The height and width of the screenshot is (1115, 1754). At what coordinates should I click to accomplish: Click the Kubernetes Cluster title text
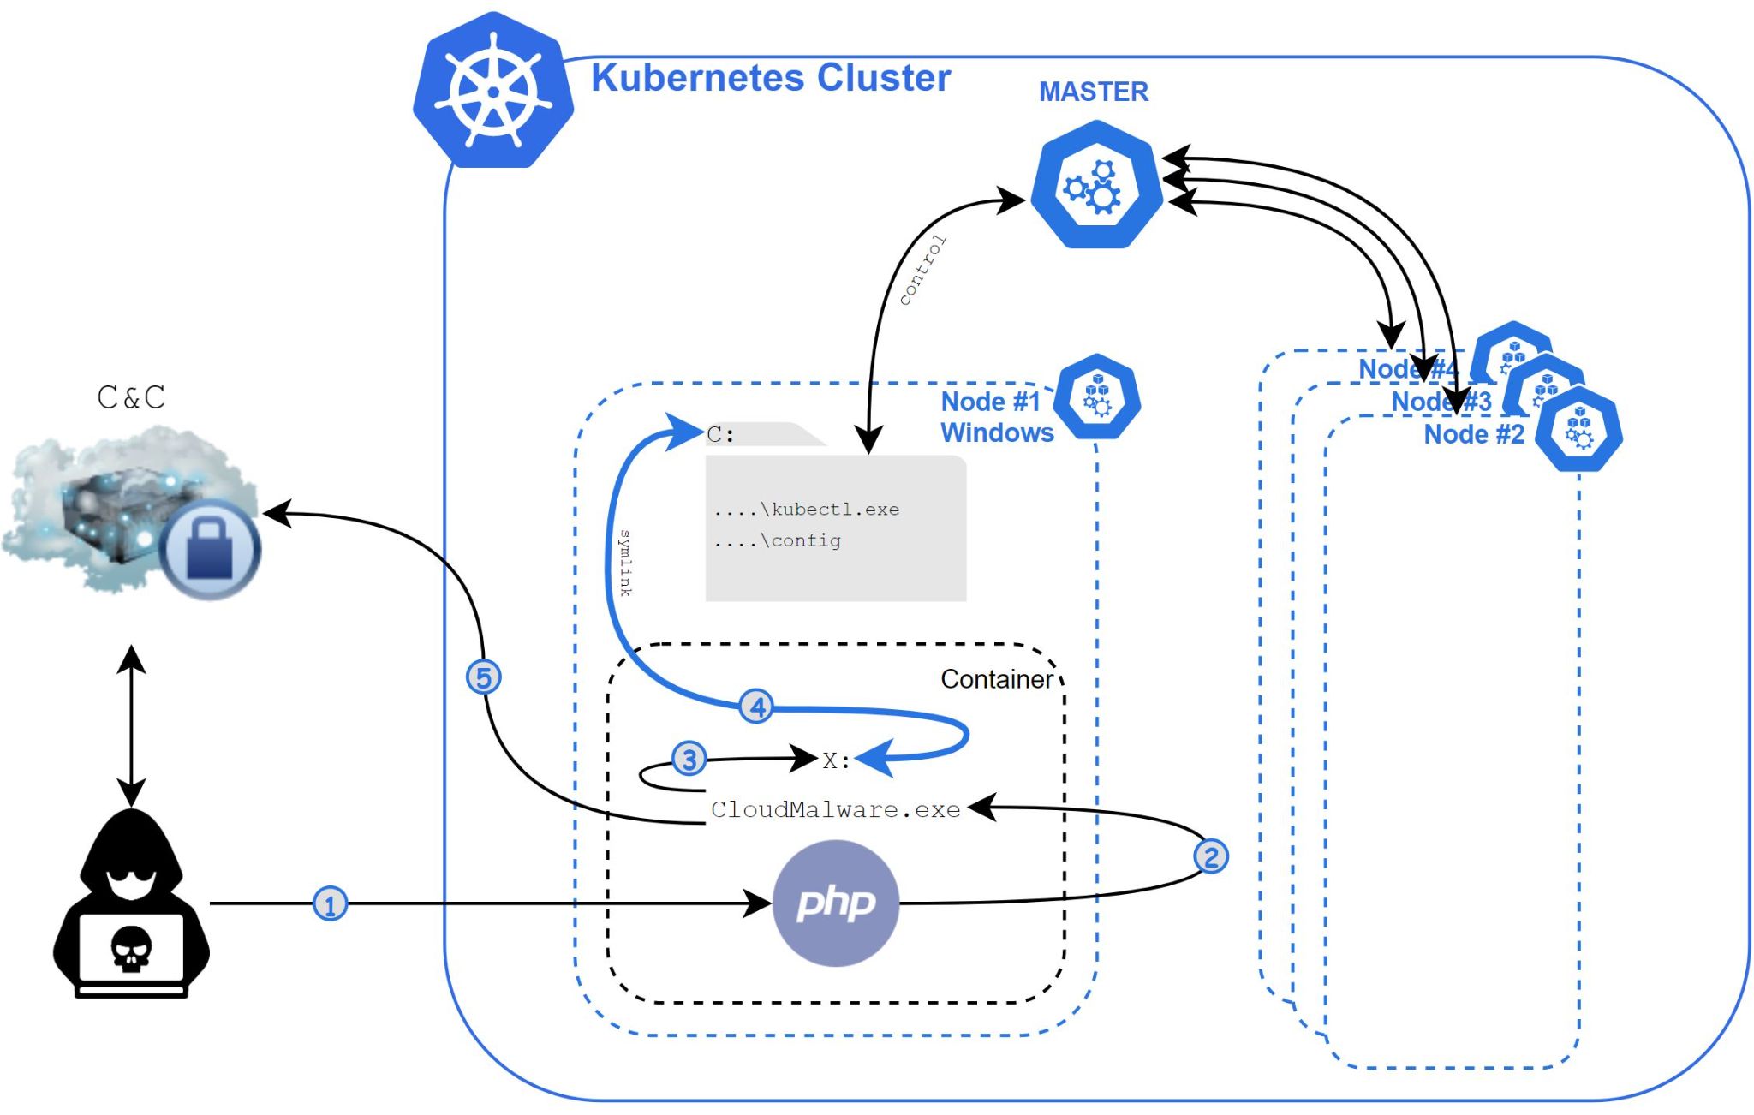[x=770, y=78]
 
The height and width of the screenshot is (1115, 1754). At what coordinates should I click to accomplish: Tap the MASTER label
[x=1093, y=92]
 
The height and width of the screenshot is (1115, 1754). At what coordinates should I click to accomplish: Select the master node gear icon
[x=1095, y=185]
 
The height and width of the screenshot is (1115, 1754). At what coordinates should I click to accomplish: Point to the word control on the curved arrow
[x=922, y=271]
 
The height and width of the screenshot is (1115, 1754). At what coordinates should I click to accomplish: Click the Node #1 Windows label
[x=996, y=417]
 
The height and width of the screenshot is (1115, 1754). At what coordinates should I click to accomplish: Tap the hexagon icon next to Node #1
[x=1096, y=397]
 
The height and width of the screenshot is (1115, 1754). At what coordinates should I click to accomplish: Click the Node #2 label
[x=1473, y=434]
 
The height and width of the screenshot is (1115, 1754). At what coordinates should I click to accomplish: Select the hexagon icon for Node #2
[x=1578, y=428]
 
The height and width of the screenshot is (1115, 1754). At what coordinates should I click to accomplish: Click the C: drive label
[x=720, y=435]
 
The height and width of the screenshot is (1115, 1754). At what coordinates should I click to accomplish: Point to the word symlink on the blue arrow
[x=625, y=563]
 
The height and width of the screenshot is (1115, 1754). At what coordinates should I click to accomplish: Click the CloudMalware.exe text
[x=835, y=809]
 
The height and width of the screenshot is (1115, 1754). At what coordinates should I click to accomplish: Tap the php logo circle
[x=835, y=903]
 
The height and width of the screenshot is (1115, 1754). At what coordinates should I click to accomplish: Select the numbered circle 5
[x=483, y=677]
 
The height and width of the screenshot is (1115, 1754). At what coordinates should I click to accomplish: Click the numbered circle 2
[x=1210, y=856]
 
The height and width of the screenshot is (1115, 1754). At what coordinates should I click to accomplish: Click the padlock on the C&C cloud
[x=210, y=550]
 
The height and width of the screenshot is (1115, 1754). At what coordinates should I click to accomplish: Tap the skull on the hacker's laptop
[x=131, y=949]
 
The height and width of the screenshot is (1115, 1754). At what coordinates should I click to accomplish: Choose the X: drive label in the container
[x=836, y=760]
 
